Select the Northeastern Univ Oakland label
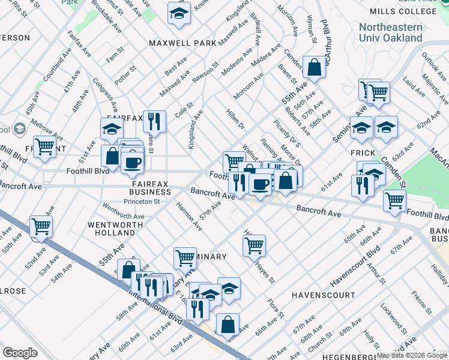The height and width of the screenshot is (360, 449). [390, 32]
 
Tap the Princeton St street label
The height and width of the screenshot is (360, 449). [141, 202]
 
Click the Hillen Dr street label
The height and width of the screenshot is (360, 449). [235, 119]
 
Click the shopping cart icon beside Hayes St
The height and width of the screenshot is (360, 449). [254, 244]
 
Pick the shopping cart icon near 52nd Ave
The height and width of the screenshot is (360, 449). [41, 226]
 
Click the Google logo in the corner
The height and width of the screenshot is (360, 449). [20, 353]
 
